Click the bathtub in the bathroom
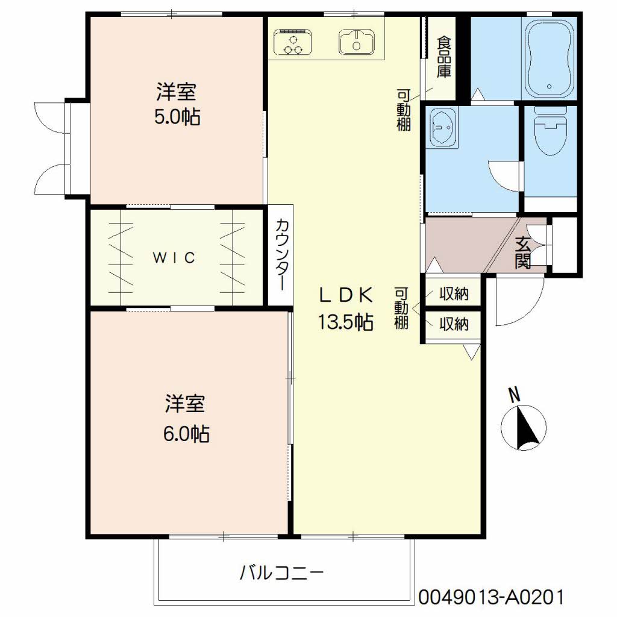click(x=549, y=58)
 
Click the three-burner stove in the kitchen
click(x=293, y=42)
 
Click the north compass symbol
click(x=524, y=428)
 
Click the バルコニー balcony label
click(x=282, y=572)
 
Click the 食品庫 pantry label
click(x=444, y=57)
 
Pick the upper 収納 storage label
click(x=454, y=293)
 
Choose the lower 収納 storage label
click(x=454, y=324)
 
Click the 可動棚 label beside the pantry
click(x=403, y=110)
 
